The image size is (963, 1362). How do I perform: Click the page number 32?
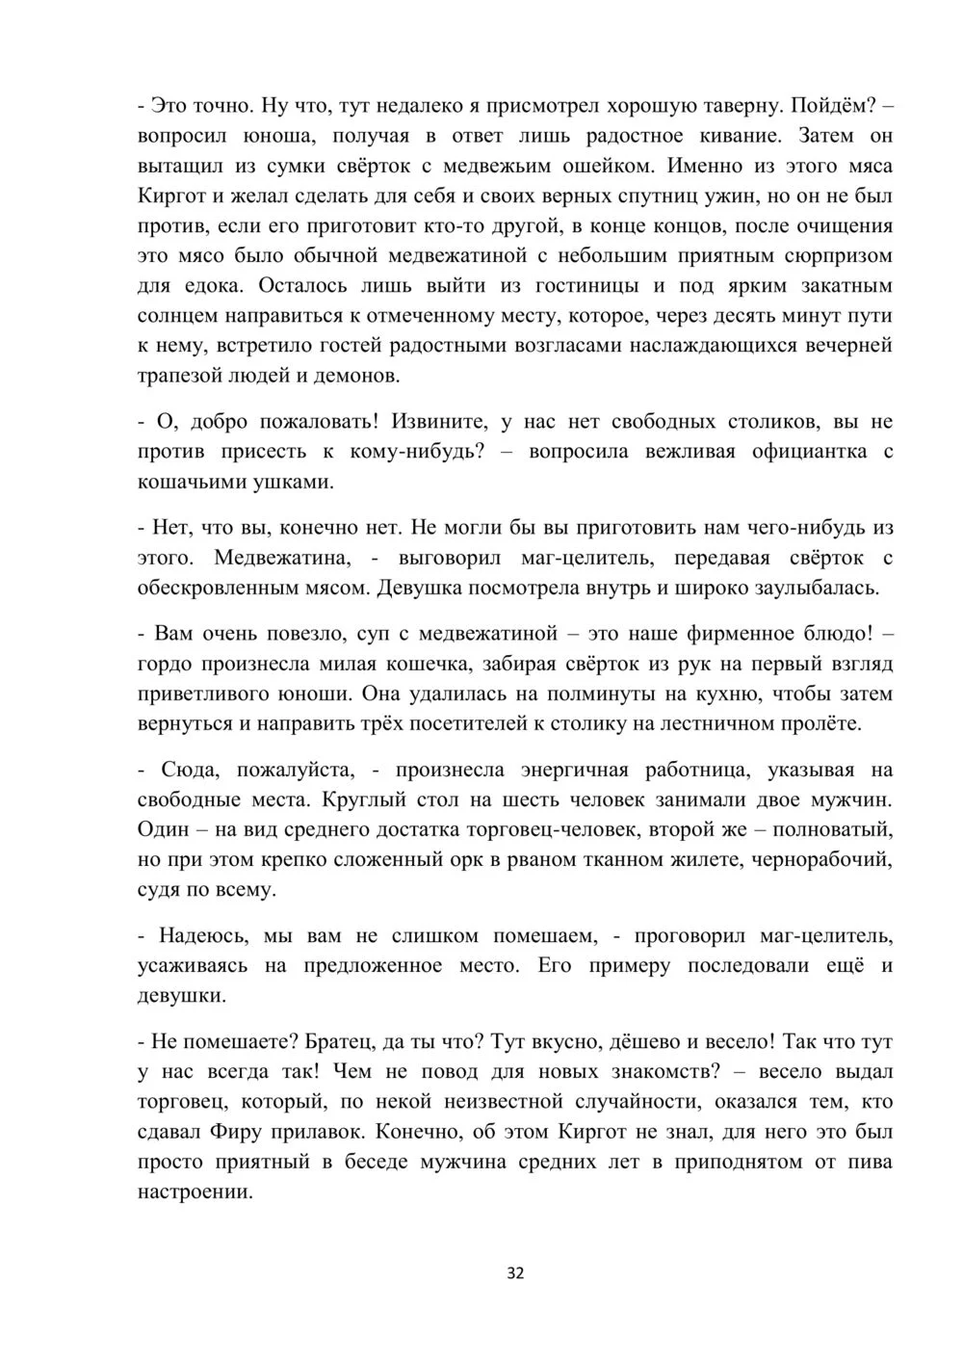pos(515,1273)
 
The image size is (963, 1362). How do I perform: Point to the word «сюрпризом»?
pos(834,255)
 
